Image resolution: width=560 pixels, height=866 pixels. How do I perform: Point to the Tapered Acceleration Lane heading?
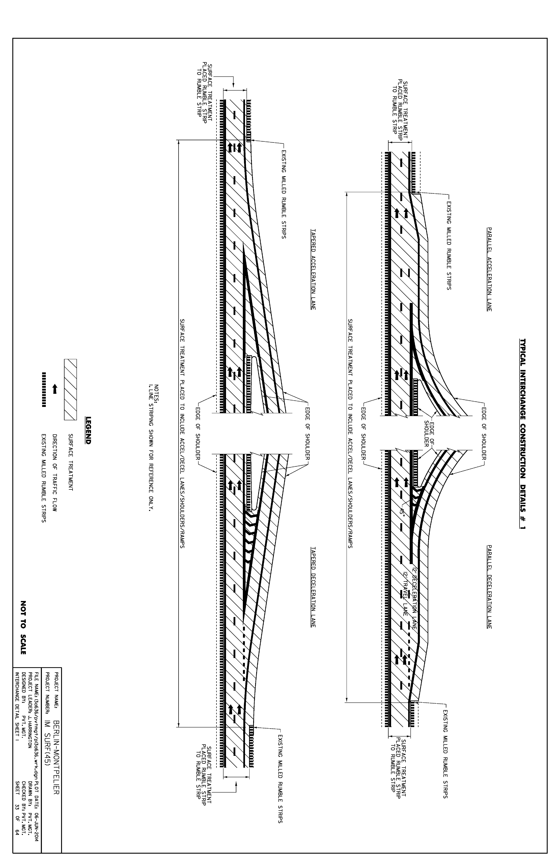click(313, 269)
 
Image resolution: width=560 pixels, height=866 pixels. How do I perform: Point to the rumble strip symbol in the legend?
click(44, 389)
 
